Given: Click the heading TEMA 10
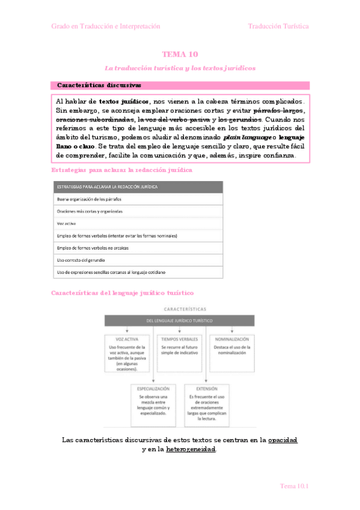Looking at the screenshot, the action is tap(180, 54).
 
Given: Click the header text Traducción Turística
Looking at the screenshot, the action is tap(279, 26).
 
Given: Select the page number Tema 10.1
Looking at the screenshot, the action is tap(294, 486).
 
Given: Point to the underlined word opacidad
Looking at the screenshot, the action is tap(282, 440).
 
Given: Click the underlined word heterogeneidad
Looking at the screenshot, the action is tap(191, 449).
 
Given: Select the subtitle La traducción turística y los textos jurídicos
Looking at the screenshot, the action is tap(180, 68).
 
